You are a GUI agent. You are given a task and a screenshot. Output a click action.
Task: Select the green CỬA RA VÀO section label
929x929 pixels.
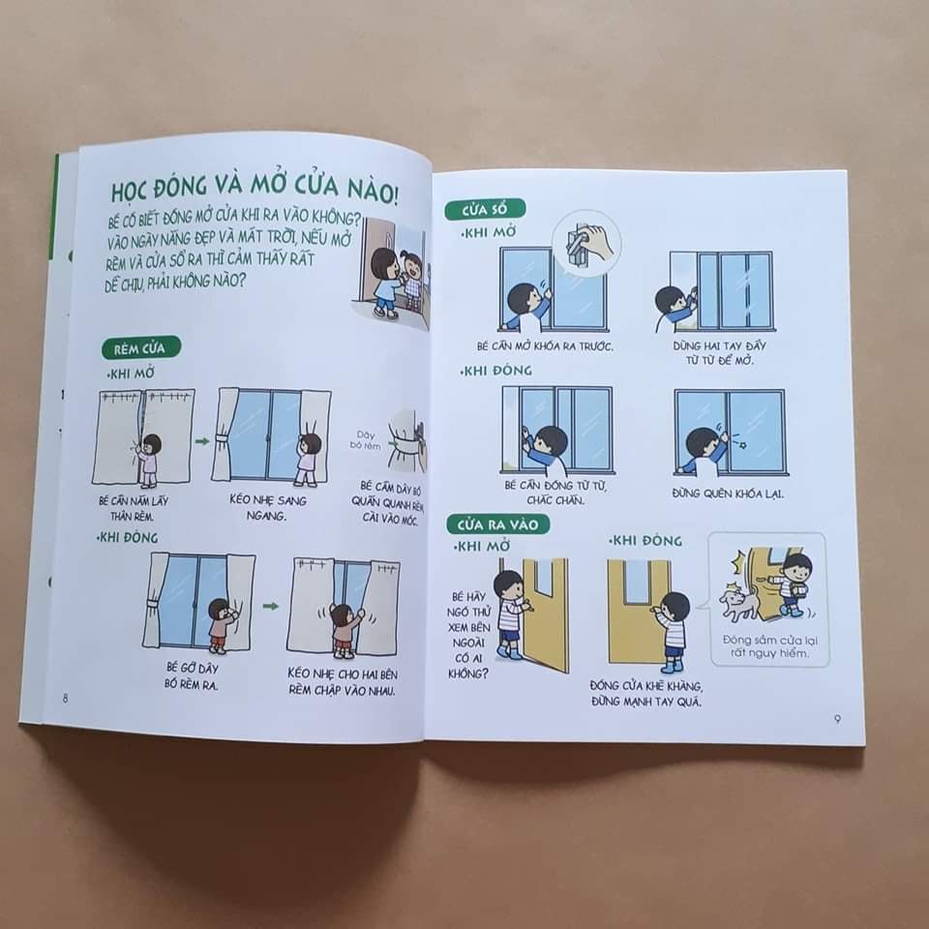click(497, 524)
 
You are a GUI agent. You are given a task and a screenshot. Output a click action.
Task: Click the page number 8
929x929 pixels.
click(65, 700)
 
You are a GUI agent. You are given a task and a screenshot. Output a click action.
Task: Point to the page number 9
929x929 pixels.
click(836, 718)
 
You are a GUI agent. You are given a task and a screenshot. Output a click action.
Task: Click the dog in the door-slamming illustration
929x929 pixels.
click(739, 603)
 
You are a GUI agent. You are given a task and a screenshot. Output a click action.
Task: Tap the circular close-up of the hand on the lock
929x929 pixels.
click(584, 242)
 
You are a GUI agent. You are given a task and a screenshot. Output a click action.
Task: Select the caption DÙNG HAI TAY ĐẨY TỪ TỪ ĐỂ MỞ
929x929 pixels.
click(717, 351)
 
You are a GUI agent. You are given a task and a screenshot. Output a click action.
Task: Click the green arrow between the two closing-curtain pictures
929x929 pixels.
click(270, 607)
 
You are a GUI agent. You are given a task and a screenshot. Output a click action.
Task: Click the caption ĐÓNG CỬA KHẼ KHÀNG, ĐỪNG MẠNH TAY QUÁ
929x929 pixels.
click(645, 694)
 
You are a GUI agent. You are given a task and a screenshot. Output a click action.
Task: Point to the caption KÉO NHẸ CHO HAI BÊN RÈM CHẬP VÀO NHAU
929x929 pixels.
click(343, 680)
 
